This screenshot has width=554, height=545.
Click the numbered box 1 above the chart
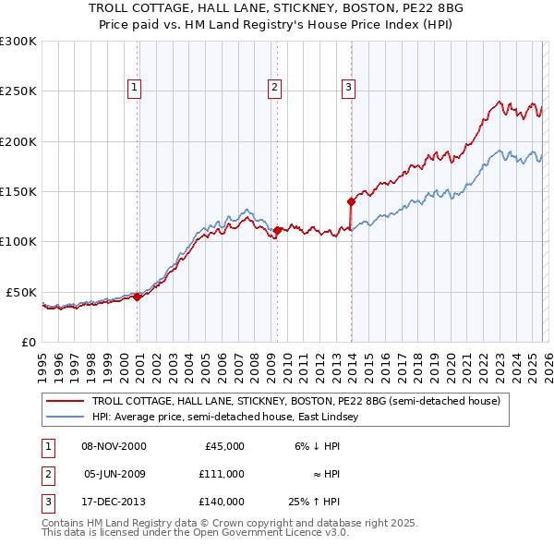[134, 88]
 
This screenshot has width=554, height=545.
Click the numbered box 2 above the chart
[275, 88]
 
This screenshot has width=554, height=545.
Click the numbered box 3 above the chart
[348, 88]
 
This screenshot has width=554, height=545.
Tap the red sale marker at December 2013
[351, 200]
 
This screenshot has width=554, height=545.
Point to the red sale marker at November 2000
[138, 297]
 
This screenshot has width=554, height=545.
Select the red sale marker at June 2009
[278, 230]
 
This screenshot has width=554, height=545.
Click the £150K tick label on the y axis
[18, 191]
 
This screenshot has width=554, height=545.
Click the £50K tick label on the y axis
[21, 292]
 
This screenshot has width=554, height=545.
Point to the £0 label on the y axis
[30, 342]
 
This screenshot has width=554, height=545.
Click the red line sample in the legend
[66, 402]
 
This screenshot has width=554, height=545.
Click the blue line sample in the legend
[66, 418]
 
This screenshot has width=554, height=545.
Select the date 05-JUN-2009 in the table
[114, 474]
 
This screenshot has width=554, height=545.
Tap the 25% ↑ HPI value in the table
[315, 502]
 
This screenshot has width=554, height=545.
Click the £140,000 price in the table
[221, 502]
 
